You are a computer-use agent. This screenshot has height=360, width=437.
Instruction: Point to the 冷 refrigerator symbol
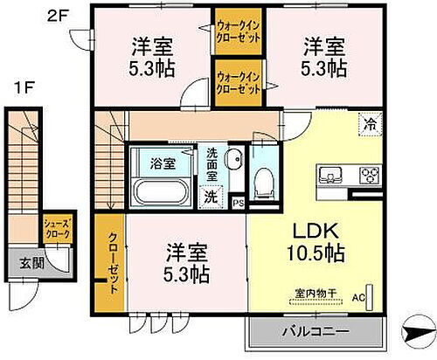pos(371,124)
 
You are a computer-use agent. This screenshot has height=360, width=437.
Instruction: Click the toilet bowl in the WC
pos(260,179)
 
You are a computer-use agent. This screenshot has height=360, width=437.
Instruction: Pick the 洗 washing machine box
pos(212,197)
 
